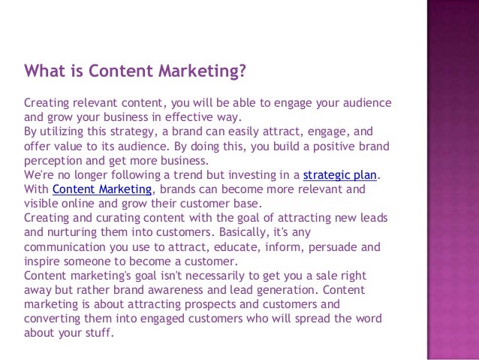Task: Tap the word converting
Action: (53, 319)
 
